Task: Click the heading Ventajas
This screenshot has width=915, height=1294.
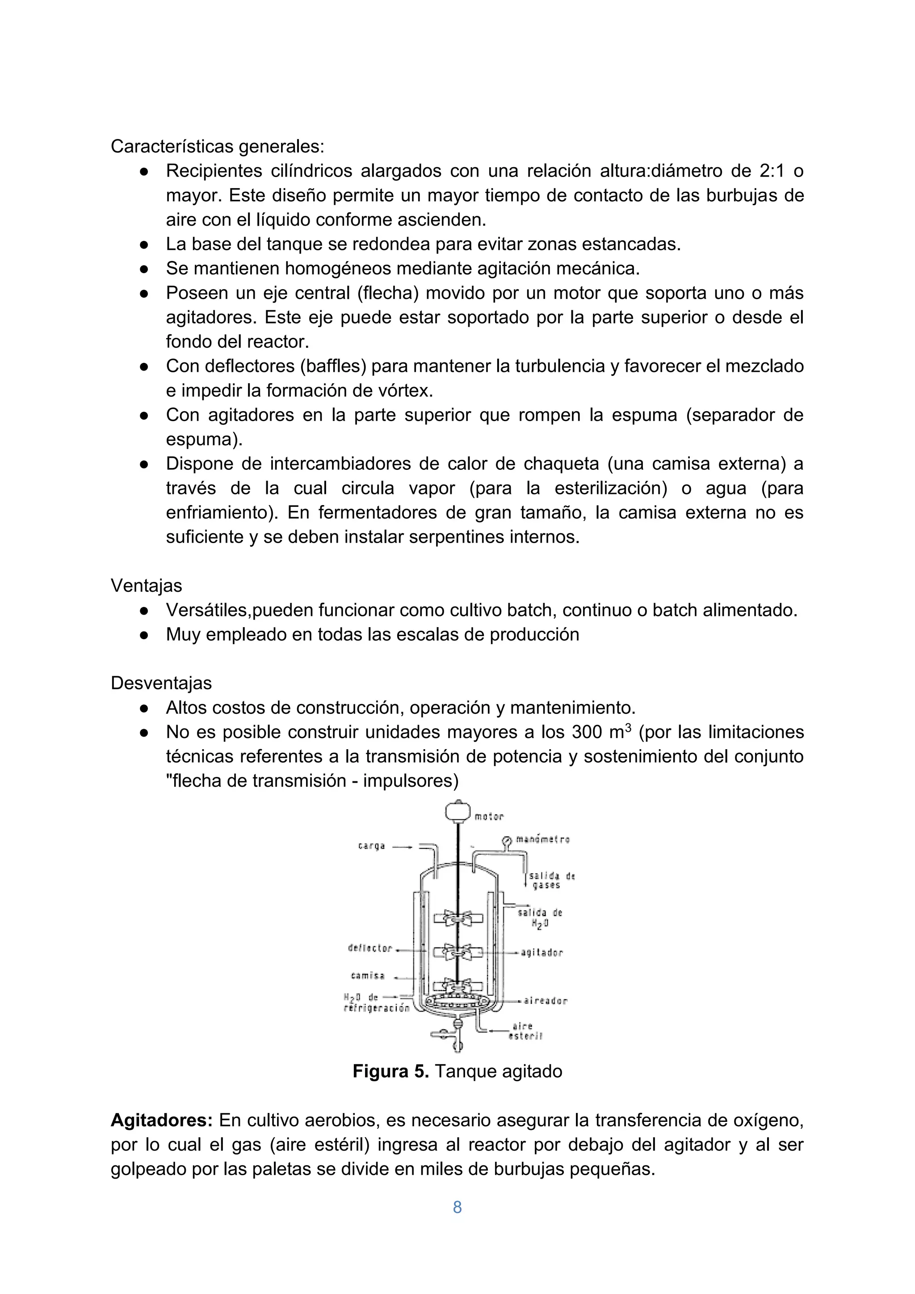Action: coord(147,586)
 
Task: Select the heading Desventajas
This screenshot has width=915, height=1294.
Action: coord(161,683)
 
